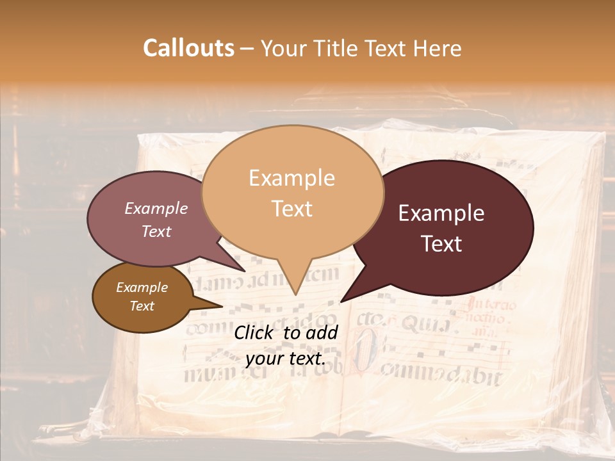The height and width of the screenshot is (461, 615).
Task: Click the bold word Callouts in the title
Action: pyautogui.click(x=188, y=48)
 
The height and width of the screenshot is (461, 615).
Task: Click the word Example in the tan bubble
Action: pyautogui.click(x=291, y=178)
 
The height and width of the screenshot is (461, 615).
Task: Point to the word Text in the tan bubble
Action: pyautogui.click(x=291, y=209)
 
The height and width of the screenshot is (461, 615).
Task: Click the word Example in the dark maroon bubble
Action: pyautogui.click(x=441, y=213)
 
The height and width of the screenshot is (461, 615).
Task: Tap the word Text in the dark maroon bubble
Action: pyautogui.click(x=441, y=244)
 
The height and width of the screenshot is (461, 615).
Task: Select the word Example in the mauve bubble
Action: pyautogui.click(x=156, y=208)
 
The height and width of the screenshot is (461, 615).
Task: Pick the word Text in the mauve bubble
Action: pyautogui.click(x=156, y=231)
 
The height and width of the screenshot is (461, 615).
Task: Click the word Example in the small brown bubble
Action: pyautogui.click(x=142, y=287)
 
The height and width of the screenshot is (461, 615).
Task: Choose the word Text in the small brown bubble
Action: pyautogui.click(x=142, y=306)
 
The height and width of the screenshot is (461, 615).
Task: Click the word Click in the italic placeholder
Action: pyautogui.click(x=254, y=332)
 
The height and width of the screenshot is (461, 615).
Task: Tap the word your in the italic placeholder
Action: pyautogui.click(x=264, y=359)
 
